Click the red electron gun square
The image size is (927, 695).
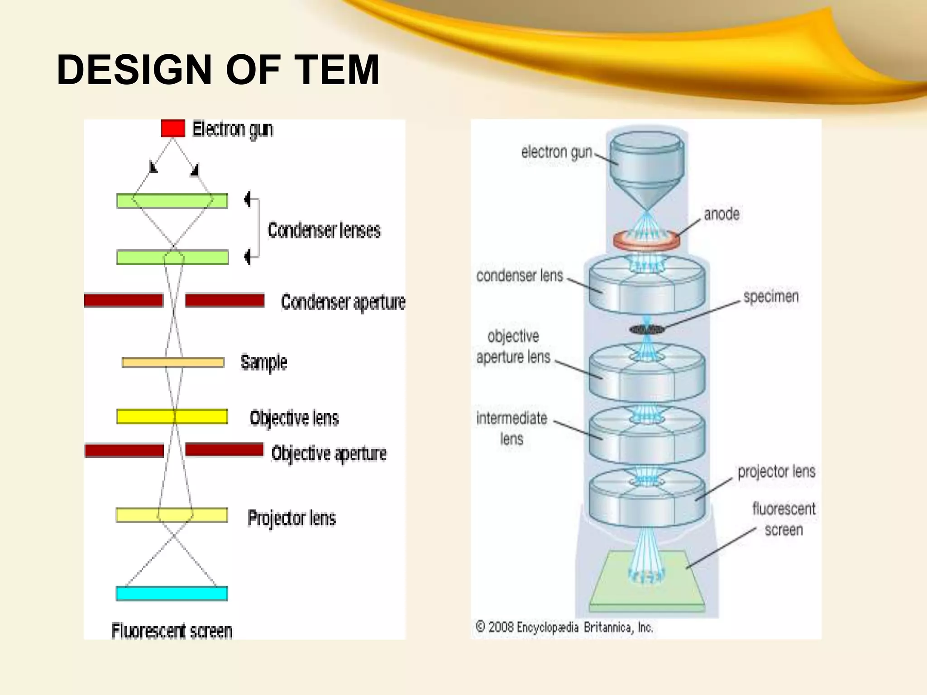(x=173, y=128)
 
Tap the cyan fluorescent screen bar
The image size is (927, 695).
(x=172, y=593)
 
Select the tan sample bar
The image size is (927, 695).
(x=173, y=362)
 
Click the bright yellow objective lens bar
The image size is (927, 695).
(x=172, y=416)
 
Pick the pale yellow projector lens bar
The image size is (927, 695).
(x=172, y=515)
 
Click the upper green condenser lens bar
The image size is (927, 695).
(x=172, y=201)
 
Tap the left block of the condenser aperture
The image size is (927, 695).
(x=123, y=300)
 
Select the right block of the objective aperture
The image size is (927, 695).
(x=224, y=449)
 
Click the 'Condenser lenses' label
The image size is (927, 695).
(x=324, y=230)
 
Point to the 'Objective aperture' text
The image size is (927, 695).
(x=329, y=453)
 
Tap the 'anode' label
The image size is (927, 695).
(x=722, y=214)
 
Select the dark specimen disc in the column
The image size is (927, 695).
(x=647, y=329)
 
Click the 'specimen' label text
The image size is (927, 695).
(x=770, y=297)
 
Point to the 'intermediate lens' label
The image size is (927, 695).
(x=511, y=428)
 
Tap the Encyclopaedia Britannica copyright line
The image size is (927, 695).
(x=564, y=628)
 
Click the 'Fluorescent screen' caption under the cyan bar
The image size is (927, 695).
(x=172, y=631)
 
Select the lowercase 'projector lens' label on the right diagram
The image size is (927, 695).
(x=776, y=471)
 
